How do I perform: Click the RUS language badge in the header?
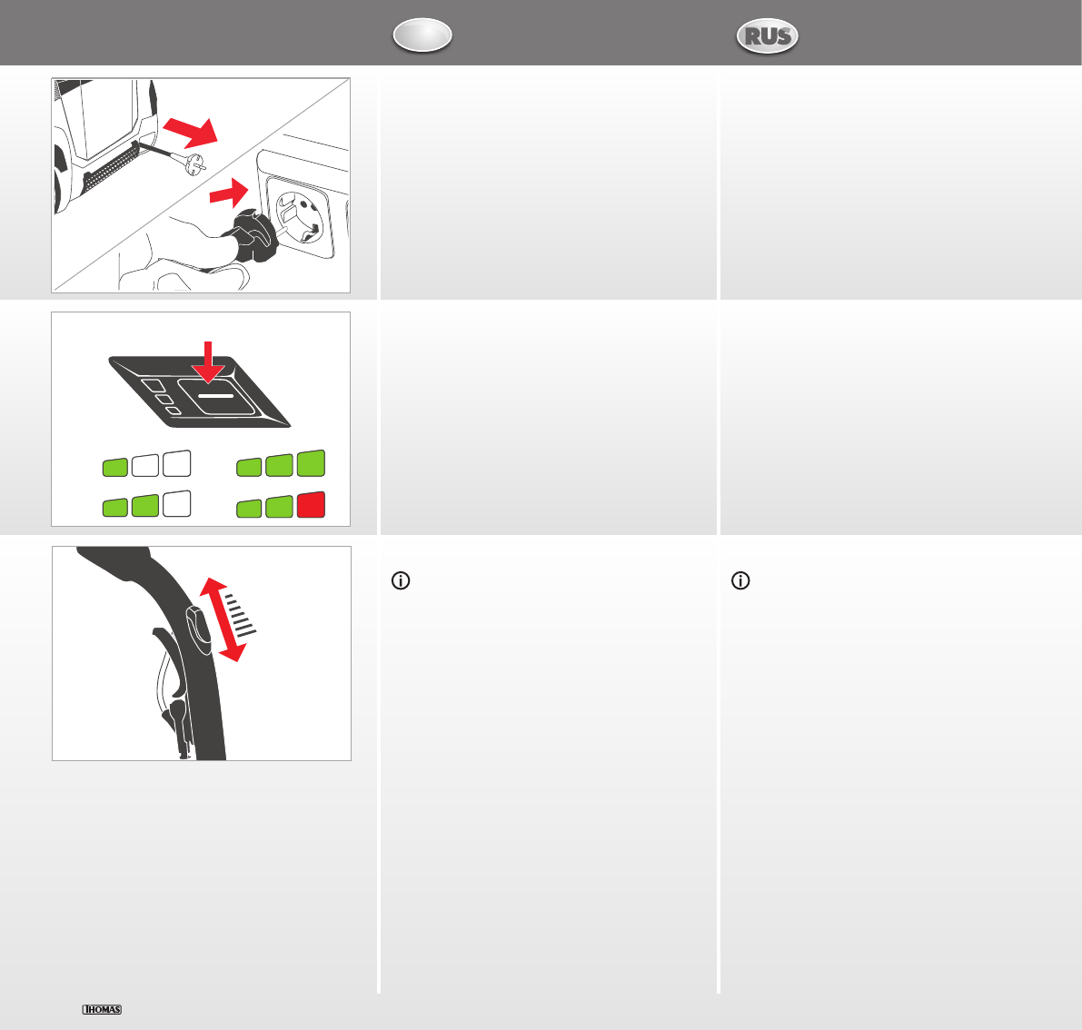pos(768,35)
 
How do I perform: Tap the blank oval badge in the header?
pos(422,35)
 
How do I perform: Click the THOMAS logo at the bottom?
pos(102,1009)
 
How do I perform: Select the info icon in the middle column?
pos(401,581)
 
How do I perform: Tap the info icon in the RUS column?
pos(740,581)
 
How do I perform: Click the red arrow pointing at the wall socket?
pos(229,193)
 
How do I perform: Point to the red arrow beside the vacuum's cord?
pos(191,131)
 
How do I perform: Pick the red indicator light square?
pos(312,505)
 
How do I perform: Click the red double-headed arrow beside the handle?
pos(223,619)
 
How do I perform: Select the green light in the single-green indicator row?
pos(115,467)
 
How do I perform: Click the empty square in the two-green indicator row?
pos(176,503)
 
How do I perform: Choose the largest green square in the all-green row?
pos(312,463)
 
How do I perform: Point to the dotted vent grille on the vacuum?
pos(112,168)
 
